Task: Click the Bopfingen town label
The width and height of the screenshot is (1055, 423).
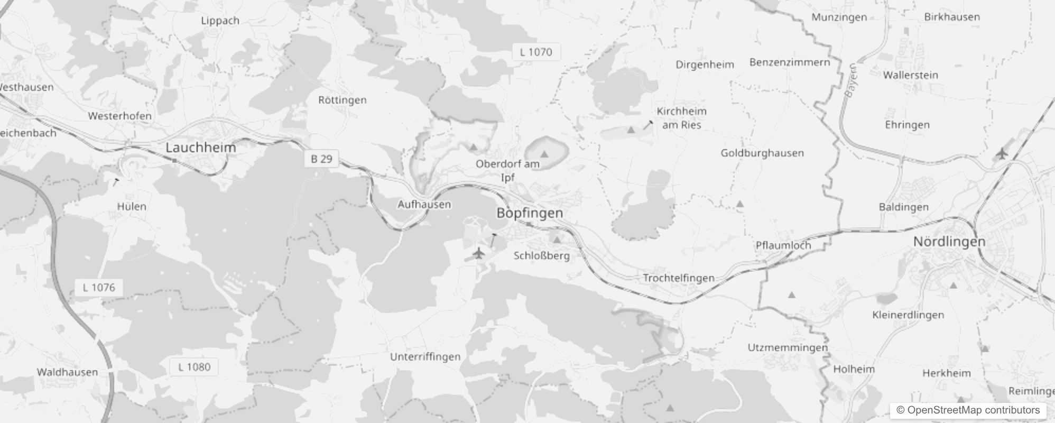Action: (530, 213)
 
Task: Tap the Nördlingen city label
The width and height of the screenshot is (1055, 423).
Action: (949, 242)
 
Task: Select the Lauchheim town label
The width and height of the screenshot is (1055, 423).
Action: (201, 148)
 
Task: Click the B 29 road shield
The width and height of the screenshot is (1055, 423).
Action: (321, 159)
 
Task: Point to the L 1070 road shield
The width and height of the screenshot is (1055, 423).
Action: (536, 52)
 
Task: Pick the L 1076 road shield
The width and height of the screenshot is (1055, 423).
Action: (99, 288)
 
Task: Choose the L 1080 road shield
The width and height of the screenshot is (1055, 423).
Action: (194, 367)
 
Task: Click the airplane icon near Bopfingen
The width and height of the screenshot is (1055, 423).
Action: (478, 253)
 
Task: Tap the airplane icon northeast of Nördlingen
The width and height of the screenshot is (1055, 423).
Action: (1001, 154)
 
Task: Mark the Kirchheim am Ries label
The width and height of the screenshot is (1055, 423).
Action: (681, 118)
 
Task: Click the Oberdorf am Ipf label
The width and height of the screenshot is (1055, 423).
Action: (507, 170)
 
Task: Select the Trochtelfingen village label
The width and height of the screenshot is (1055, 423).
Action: (679, 278)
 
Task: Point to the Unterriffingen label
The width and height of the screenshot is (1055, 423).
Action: (425, 357)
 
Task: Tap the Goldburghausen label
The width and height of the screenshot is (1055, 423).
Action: (762, 153)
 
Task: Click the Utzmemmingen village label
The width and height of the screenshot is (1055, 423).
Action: (788, 347)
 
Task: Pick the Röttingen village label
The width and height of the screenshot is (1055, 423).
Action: (342, 100)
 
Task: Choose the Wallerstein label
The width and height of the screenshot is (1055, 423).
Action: (910, 75)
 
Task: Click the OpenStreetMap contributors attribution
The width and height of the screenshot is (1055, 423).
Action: (968, 410)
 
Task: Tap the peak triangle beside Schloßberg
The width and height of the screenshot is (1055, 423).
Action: (557, 240)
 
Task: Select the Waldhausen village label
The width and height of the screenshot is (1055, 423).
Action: (67, 372)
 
